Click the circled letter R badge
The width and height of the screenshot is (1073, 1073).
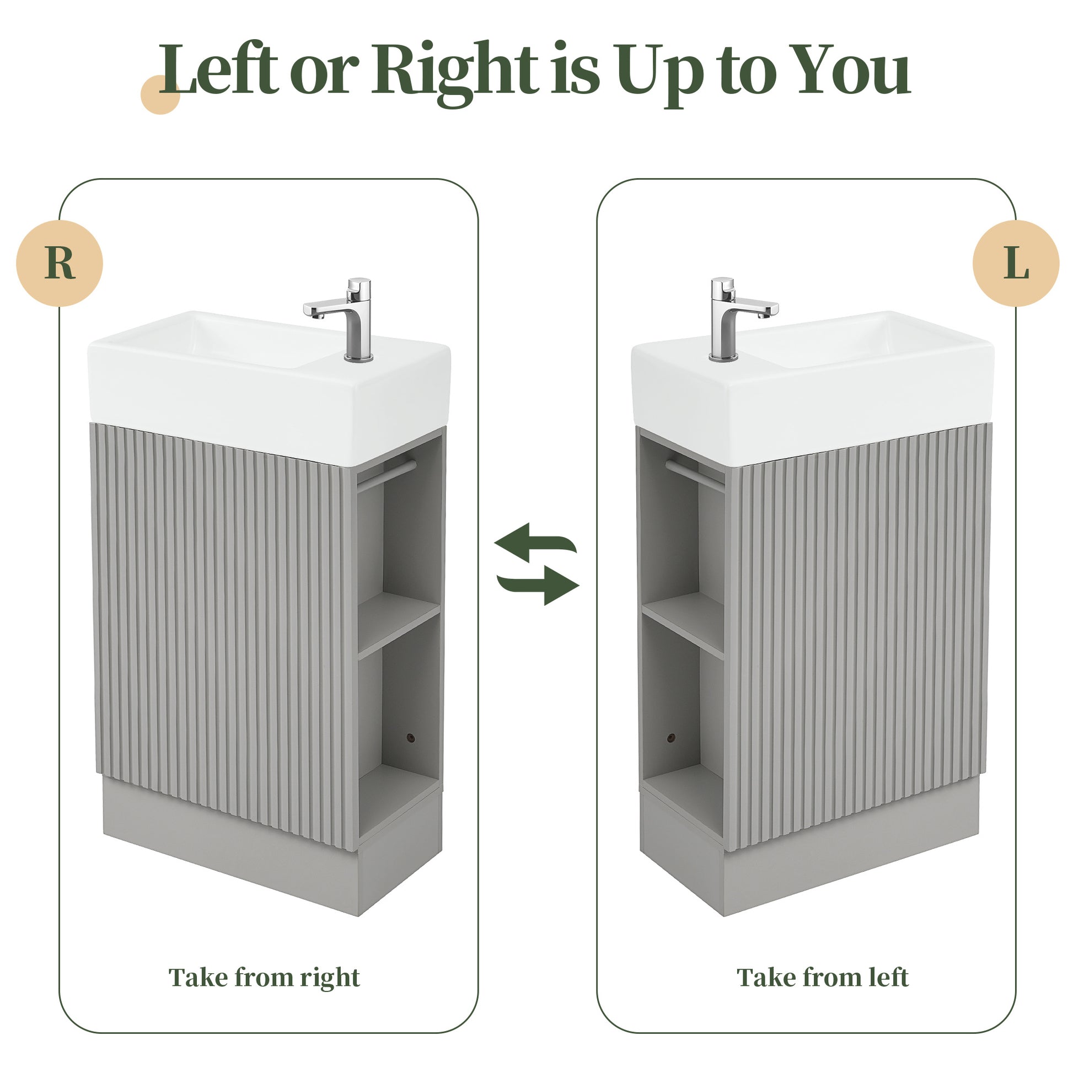[60, 262]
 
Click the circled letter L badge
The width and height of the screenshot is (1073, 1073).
[1016, 262]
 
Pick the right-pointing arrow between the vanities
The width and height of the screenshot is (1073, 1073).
[538, 584]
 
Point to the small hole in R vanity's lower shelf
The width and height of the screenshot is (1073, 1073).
[410, 738]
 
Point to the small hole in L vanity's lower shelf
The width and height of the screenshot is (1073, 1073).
[671, 738]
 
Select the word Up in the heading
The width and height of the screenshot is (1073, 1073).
[658, 73]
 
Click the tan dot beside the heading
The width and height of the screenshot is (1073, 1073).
[160, 94]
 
